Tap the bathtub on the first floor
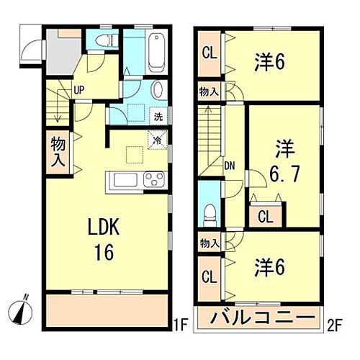click(x=156, y=50)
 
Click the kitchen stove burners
click(x=154, y=179)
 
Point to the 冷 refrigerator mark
click(x=156, y=140)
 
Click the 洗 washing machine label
click(x=158, y=116)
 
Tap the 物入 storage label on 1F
click(x=58, y=151)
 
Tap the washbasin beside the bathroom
click(x=158, y=90)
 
